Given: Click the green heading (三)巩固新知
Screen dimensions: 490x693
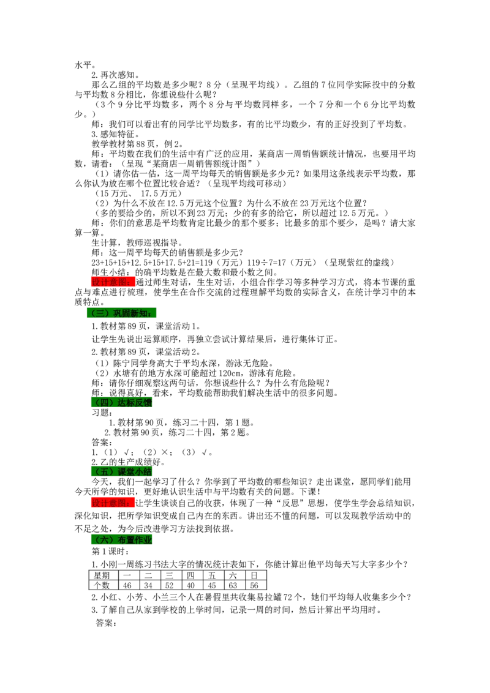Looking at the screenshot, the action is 121,313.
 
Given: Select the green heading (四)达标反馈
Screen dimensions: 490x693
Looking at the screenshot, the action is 121,402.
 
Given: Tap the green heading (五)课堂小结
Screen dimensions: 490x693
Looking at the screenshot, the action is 121,471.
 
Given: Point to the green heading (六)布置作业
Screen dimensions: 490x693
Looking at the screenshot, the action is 121,539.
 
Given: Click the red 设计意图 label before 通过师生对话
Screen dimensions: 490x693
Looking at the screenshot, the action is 113,282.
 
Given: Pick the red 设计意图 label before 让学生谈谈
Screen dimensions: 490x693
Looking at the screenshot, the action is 113,503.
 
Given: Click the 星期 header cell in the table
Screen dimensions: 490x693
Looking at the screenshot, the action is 102,575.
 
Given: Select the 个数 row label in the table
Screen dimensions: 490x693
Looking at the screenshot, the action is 102,585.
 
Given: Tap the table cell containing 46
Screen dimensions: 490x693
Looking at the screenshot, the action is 127,585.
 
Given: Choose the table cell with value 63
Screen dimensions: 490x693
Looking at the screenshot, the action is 233,585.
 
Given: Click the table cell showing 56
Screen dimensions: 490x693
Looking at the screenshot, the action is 254,585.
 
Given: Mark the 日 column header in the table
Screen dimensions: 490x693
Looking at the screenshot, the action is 254,575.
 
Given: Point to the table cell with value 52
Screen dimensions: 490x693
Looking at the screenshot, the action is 170,585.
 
